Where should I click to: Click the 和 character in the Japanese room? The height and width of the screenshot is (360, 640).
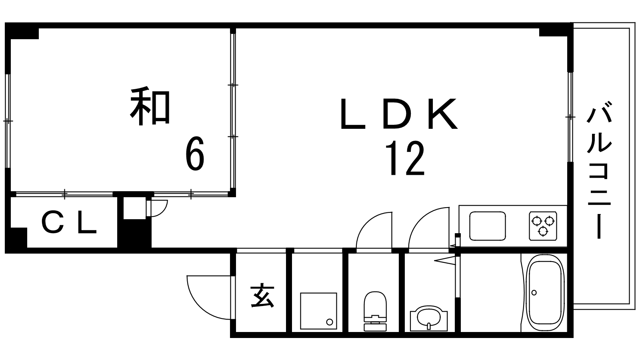(x=150, y=107)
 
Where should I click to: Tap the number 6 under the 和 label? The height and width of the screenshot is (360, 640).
(x=195, y=154)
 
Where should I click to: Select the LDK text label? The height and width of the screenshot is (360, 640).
(x=398, y=114)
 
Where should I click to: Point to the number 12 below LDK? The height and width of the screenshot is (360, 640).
(x=404, y=159)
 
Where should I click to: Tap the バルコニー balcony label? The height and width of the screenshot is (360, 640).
(x=599, y=172)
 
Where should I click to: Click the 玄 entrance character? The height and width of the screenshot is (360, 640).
(x=262, y=296)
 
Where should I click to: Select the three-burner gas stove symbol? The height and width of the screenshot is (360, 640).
(x=543, y=226)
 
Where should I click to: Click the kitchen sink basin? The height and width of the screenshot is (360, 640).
(x=487, y=226)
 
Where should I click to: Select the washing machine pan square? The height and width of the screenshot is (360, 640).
(x=318, y=311)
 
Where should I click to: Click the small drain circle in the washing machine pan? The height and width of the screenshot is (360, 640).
(x=329, y=322)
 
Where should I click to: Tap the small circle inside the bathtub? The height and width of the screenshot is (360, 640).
(x=534, y=292)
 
